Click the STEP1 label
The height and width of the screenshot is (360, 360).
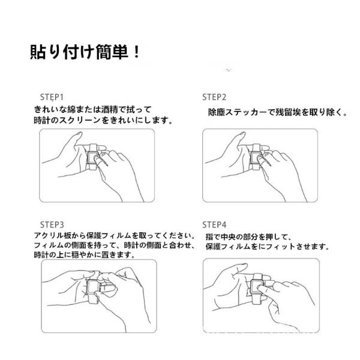point(52,97)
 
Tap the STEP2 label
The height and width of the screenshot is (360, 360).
point(214,97)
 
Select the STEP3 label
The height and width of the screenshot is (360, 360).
point(52,225)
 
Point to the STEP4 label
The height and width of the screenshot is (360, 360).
point(214,225)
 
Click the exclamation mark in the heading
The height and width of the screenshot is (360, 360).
point(136,52)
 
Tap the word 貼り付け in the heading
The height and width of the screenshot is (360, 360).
point(62,52)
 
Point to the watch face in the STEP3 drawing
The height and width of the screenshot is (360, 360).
point(93,287)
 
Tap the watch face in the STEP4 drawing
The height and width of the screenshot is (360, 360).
point(256,286)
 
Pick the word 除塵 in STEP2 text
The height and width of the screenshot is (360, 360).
point(217,112)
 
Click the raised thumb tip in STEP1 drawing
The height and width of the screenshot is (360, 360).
point(80,134)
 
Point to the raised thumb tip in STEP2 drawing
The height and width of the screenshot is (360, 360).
point(242,134)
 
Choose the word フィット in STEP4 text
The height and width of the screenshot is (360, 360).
point(280,247)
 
